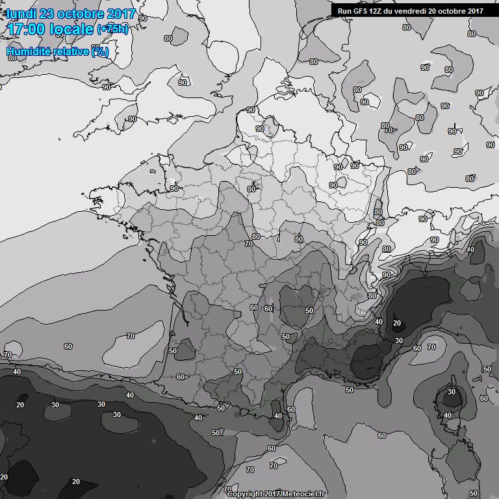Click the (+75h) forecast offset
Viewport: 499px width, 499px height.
113,29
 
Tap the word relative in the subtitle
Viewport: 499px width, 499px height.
70,51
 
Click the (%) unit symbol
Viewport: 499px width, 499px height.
100,51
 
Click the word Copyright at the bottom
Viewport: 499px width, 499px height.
246,494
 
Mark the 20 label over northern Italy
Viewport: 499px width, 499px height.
397,323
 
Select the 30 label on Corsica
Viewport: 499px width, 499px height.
452,392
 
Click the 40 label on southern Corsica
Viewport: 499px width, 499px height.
448,415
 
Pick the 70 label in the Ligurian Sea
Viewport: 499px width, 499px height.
432,348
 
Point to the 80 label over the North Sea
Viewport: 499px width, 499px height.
314,62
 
